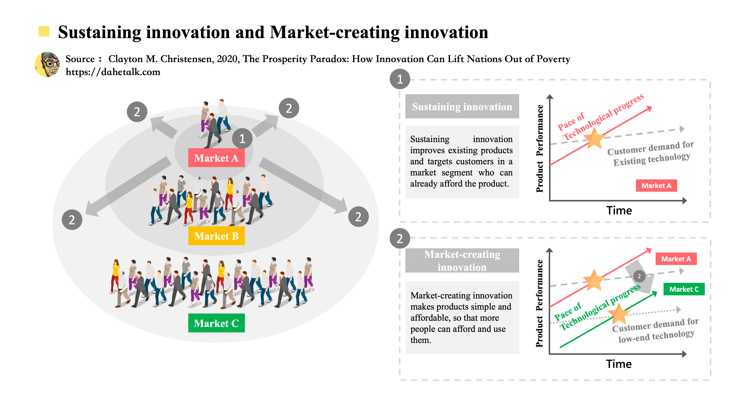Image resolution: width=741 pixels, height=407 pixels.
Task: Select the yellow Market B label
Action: click(216, 236)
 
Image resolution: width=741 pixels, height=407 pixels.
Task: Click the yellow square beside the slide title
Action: click(44, 31)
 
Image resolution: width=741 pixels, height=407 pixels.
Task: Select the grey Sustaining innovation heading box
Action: click(462, 107)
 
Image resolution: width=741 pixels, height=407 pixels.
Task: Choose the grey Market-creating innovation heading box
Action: click(462, 261)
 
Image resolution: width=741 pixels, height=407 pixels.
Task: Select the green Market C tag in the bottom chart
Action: click(684, 289)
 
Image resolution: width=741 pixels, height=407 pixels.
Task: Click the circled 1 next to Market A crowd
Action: click(242, 139)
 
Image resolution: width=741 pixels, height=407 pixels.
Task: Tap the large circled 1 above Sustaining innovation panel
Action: click(400, 79)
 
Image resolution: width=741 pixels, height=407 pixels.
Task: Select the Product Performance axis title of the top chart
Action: click(540, 148)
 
